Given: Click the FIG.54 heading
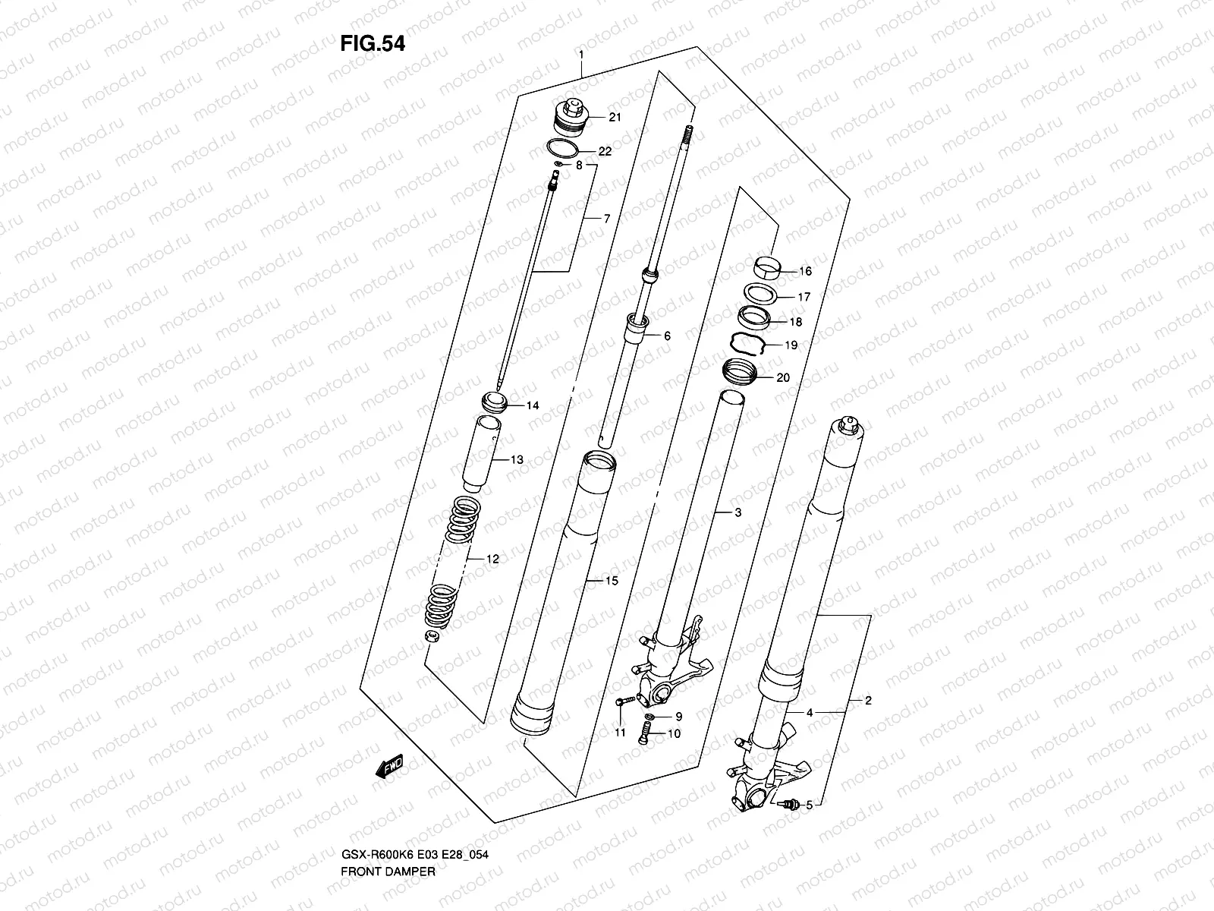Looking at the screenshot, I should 372,43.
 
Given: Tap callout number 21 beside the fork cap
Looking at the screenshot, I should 615,117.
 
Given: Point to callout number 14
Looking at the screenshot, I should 532,405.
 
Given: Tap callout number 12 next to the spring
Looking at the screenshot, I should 492,559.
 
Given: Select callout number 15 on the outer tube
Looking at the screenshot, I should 612,581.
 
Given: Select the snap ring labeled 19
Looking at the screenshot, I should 747,343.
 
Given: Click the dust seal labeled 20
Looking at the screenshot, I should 740,372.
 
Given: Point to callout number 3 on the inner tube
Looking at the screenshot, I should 737,512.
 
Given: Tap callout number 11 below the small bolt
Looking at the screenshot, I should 620,733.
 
